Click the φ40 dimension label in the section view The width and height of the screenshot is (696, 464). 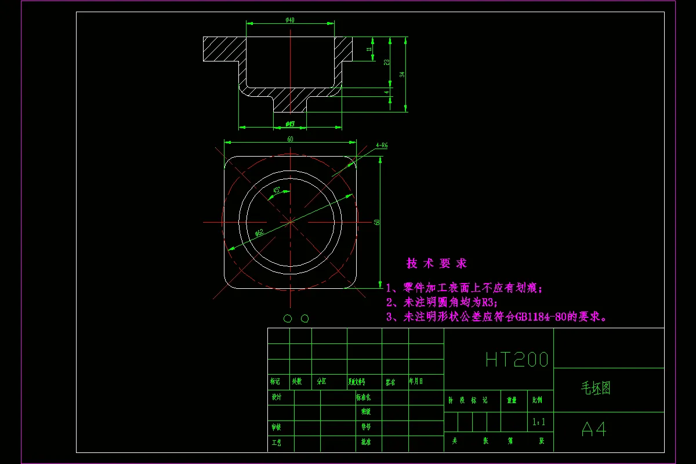pyautogui.click(x=290, y=20)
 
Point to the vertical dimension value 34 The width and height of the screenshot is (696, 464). pyautogui.click(x=401, y=74)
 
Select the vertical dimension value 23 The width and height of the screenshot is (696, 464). pyautogui.click(x=386, y=62)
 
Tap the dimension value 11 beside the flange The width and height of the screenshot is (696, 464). pyautogui.click(x=369, y=50)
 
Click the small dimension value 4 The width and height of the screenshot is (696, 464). pyautogui.click(x=386, y=92)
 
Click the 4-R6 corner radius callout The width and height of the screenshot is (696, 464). pyautogui.click(x=381, y=146)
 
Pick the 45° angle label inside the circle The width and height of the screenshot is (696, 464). pyautogui.click(x=277, y=190)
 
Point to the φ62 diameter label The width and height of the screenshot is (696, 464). pyautogui.click(x=259, y=233)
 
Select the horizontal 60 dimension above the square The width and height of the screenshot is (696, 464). pyautogui.click(x=290, y=139)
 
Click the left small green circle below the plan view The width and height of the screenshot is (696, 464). pyautogui.click(x=287, y=318)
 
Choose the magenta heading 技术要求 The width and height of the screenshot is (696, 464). pyautogui.click(x=436, y=263)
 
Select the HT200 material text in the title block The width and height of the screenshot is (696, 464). pyautogui.click(x=516, y=360)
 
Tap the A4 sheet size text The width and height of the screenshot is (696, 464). pyautogui.click(x=593, y=429)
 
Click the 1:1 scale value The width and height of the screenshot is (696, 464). pyautogui.click(x=539, y=422)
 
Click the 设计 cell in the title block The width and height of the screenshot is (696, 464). pyautogui.click(x=276, y=397)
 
